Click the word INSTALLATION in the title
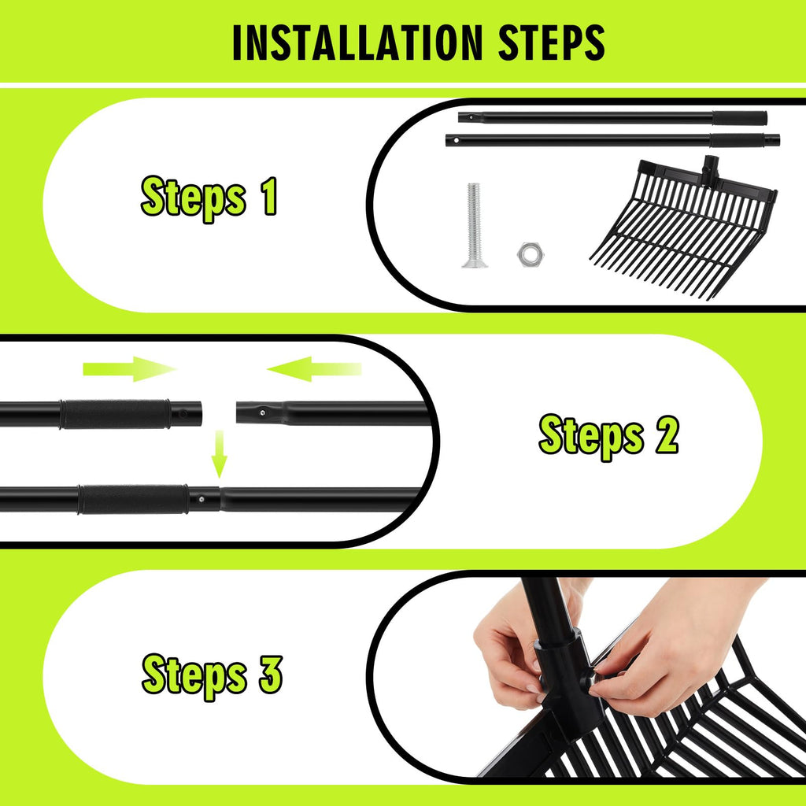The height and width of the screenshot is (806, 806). point(357,43)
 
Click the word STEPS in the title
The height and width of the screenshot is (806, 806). point(552,43)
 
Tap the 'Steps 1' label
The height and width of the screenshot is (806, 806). point(209,198)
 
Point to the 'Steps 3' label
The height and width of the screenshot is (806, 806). point(212,676)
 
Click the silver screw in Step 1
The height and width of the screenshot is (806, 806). point(474,225)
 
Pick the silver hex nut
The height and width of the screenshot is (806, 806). point(531,254)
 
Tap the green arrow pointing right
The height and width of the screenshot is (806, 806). point(130,368)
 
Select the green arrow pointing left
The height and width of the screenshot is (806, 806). point(314,368)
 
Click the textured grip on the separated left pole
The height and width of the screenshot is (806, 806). point(115,414)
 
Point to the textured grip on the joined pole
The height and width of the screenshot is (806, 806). point(133,499)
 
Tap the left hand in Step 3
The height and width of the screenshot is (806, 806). point(512,653)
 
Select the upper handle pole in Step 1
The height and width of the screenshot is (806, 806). point(612,118)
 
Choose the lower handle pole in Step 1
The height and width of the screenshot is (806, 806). point(612,140)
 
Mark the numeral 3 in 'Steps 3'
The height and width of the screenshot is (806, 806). point(271,675)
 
